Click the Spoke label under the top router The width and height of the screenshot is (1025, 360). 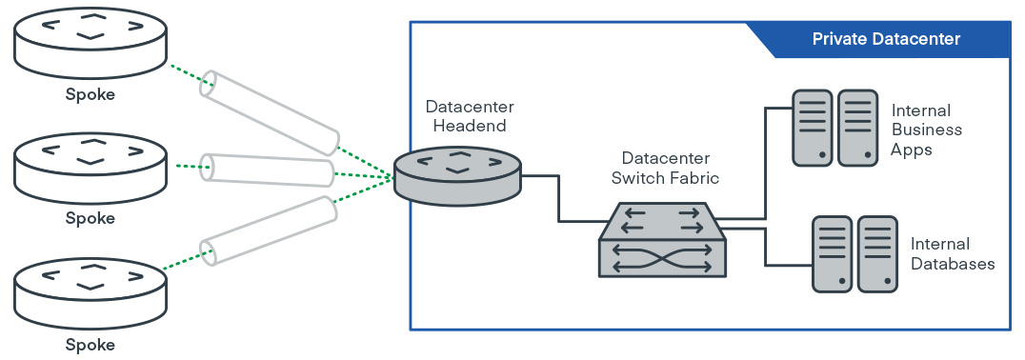click(90, 94)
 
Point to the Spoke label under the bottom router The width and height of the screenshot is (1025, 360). click(90, 345)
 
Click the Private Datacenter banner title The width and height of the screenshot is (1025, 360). click(886, 39)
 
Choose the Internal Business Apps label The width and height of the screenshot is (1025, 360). click(925, 130)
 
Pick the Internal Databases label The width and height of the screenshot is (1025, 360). click(953, 254)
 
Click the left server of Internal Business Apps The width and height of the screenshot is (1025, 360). click(813, 127)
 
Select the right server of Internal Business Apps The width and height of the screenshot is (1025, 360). click(857, 127)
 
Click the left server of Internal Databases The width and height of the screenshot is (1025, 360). click(832, 253)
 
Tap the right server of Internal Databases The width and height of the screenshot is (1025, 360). click(877, 253)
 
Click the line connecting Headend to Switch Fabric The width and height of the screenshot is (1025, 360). click(558, 198)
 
